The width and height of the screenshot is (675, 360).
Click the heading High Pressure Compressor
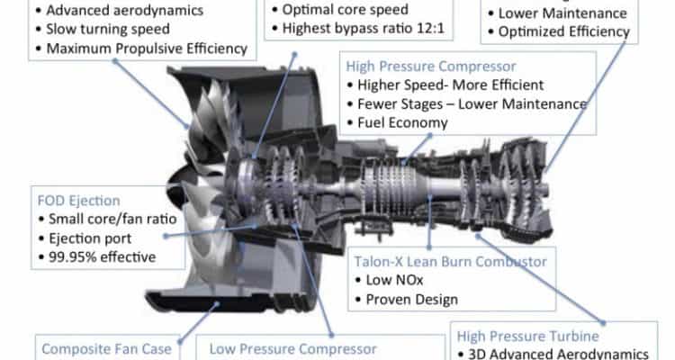tap(431, 67)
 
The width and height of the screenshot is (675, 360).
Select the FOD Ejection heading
tap(79, 201)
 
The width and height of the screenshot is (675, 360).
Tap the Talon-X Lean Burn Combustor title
tap(450, 261)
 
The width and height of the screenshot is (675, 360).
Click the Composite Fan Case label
tap(106, 349)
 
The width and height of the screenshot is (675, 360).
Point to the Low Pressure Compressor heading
tap(292, 349)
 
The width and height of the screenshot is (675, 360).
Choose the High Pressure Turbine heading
tap(527, 336)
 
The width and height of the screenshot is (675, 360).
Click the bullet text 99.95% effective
tap(102, 257)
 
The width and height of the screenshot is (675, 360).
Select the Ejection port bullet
tap(90, 238)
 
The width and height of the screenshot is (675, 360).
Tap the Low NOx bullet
tap(395, 280)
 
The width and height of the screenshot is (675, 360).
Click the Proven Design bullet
tap(412, 300)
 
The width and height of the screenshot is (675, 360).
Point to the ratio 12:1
tap(430, 29)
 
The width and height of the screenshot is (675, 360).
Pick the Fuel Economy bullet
tap(402, 123)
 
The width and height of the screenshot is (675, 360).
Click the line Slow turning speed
tap(108, 30)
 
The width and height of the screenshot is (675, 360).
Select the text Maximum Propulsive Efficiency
tap(147, 49)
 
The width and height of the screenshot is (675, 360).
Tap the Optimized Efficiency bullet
tap(564, 31)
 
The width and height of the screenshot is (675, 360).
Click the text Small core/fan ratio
tap(112, 220)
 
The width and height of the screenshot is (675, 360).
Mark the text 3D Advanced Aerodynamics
tap(558, 354)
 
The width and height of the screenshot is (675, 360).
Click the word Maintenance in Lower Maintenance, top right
tap(586, 13)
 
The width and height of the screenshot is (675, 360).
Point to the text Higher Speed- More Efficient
tap(450, 85)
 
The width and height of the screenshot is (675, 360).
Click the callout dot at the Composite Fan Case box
tap(180, 342)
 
